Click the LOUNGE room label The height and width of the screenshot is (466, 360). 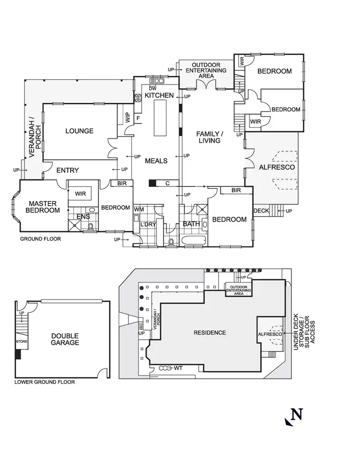point(79,131)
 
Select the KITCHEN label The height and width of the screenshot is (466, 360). point(159,96)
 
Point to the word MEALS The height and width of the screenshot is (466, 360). point(156,161)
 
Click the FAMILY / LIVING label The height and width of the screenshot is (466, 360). point(209,137)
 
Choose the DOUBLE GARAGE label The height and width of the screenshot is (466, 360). point(65,339)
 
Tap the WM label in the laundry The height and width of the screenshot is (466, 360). point(139,210)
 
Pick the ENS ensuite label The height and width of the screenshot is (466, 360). point(83,216)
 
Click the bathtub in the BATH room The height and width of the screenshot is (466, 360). point(192,240)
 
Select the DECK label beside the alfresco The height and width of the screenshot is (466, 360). point(261,210)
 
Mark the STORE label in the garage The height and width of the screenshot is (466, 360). point(21,341)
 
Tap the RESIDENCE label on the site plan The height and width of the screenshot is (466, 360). point(210,333)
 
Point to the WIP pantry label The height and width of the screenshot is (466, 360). point(128,118)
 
